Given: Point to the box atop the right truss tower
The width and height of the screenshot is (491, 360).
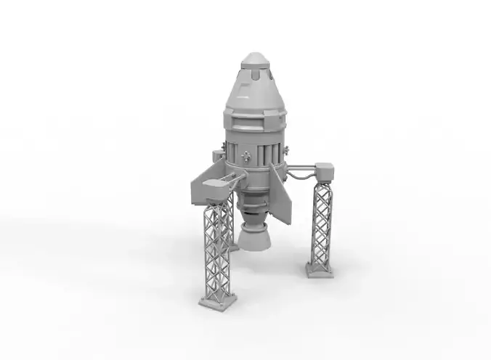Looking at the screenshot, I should [x=324, y=171].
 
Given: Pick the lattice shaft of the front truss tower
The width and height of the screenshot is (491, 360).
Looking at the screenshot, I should [x=216, y=247].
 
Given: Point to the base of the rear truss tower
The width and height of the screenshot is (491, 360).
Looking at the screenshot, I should [x=234, y=247].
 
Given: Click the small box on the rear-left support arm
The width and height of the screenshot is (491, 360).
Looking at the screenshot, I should [x=216, y=155].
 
